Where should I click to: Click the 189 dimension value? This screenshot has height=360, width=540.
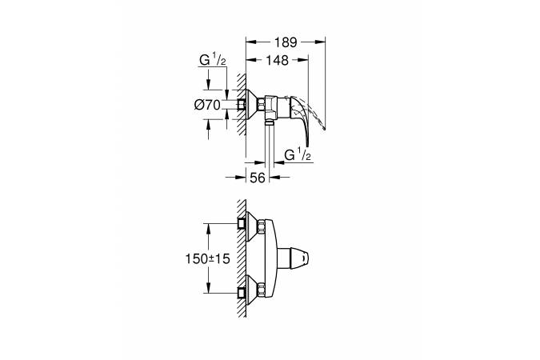(286, 42)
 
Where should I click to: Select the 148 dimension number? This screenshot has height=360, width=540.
(278, 60)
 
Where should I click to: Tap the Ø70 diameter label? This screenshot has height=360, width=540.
(207, 104)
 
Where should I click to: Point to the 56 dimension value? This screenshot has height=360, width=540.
(258, 178)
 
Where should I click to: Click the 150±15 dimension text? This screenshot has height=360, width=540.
(207, 258)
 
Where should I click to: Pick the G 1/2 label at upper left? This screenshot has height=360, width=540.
(213, 60)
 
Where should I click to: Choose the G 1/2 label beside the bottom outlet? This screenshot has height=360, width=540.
(298, 154)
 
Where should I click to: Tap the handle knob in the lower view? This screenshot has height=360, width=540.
(299, 258)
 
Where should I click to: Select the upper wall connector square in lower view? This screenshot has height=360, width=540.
(242, 223)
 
